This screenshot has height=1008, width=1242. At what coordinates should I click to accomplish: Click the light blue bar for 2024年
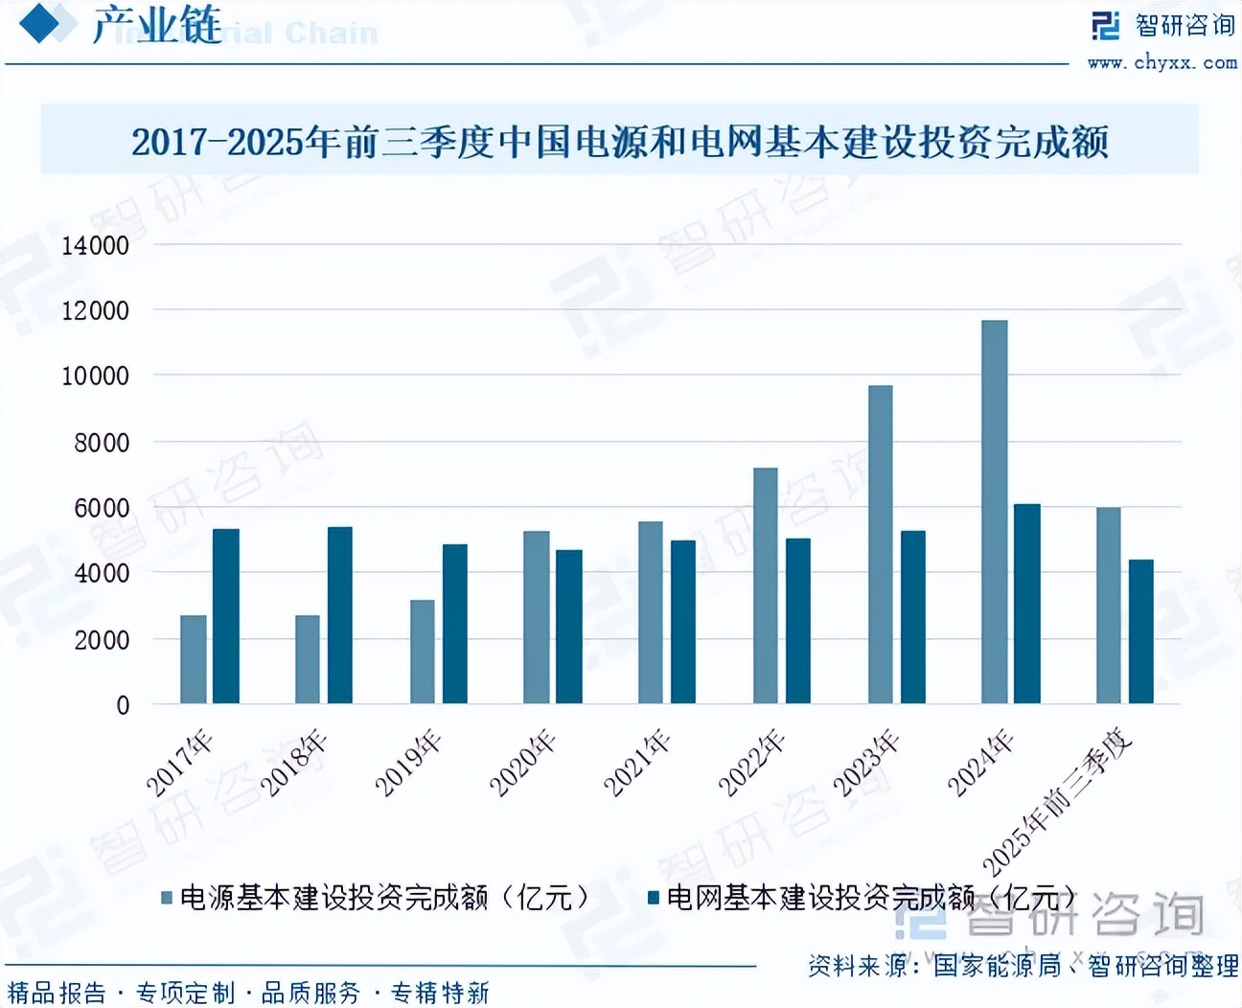coord(994,512)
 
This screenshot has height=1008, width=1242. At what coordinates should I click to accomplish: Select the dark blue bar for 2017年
coord(225,616)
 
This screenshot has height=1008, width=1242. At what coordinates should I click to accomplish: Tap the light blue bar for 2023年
coord(880,544)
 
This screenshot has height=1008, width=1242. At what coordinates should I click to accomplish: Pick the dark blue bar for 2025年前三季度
coord(1140,631)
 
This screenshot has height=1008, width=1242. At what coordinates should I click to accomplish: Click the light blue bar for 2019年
coord(422,652)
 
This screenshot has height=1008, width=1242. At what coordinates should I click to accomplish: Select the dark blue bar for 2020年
coord(568,627)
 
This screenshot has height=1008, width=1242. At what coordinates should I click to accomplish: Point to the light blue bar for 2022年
coord(765,585)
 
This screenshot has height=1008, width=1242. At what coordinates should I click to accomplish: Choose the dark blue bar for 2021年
coord(682,622)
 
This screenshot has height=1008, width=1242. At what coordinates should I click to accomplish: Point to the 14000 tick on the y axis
coord(95,245)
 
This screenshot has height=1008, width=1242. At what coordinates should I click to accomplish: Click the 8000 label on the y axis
coord(102,443)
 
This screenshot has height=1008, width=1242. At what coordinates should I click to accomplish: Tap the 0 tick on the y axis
coord(123,705)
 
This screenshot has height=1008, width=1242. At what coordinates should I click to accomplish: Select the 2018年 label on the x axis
coord(294,764)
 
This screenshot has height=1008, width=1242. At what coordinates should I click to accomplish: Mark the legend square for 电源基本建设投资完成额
coord(167,898)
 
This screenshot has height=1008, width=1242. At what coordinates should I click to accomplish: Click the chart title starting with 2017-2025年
coord(620,142)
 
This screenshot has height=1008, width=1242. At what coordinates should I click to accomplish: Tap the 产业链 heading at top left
coord(156,25)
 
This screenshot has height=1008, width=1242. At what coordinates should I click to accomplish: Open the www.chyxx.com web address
coord(1161,62)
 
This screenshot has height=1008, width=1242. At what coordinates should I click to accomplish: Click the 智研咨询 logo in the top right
coord(1163,25)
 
